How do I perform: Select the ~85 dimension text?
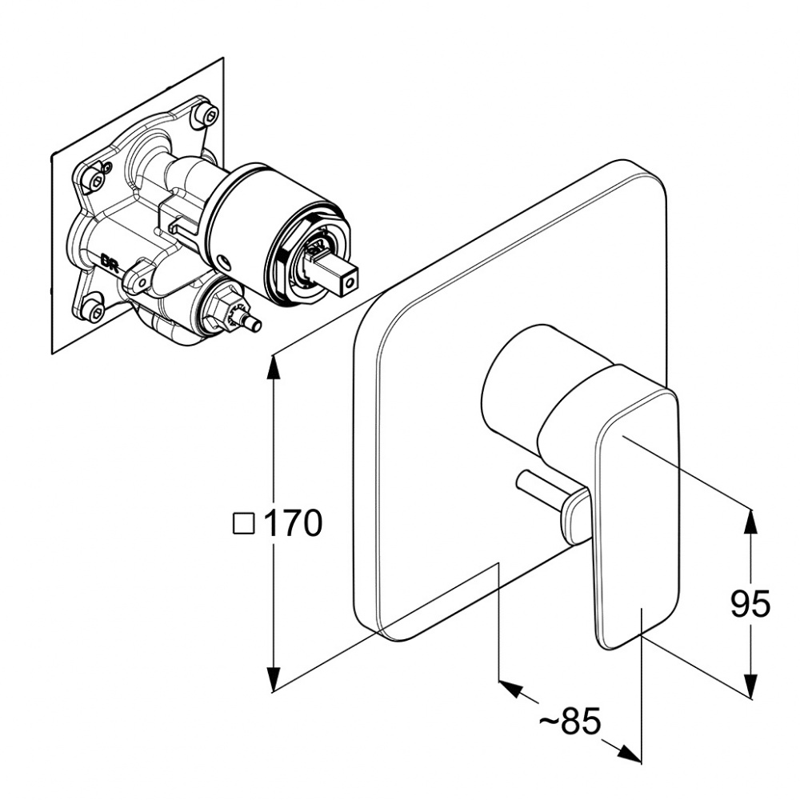point(570,722)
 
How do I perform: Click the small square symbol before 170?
point(244,523)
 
